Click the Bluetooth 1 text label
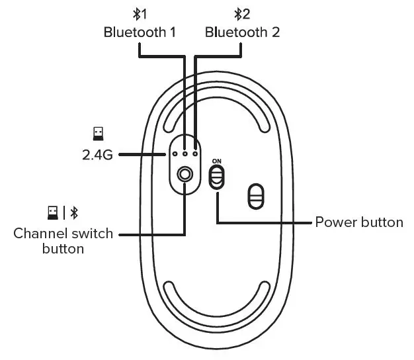[x=140, y=32]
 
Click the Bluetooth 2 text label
[x=242, y=32]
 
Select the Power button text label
[x=359, y=222]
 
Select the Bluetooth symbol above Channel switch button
[x=74, y=212]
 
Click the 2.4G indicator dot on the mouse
[x=174, y=153]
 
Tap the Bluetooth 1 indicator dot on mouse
[x=185, y=153]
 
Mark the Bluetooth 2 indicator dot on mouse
[x=196, y=153]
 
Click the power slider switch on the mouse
[x=217, y=177]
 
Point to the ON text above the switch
[x=217, y=161]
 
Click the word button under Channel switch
[x=63, y=249]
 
